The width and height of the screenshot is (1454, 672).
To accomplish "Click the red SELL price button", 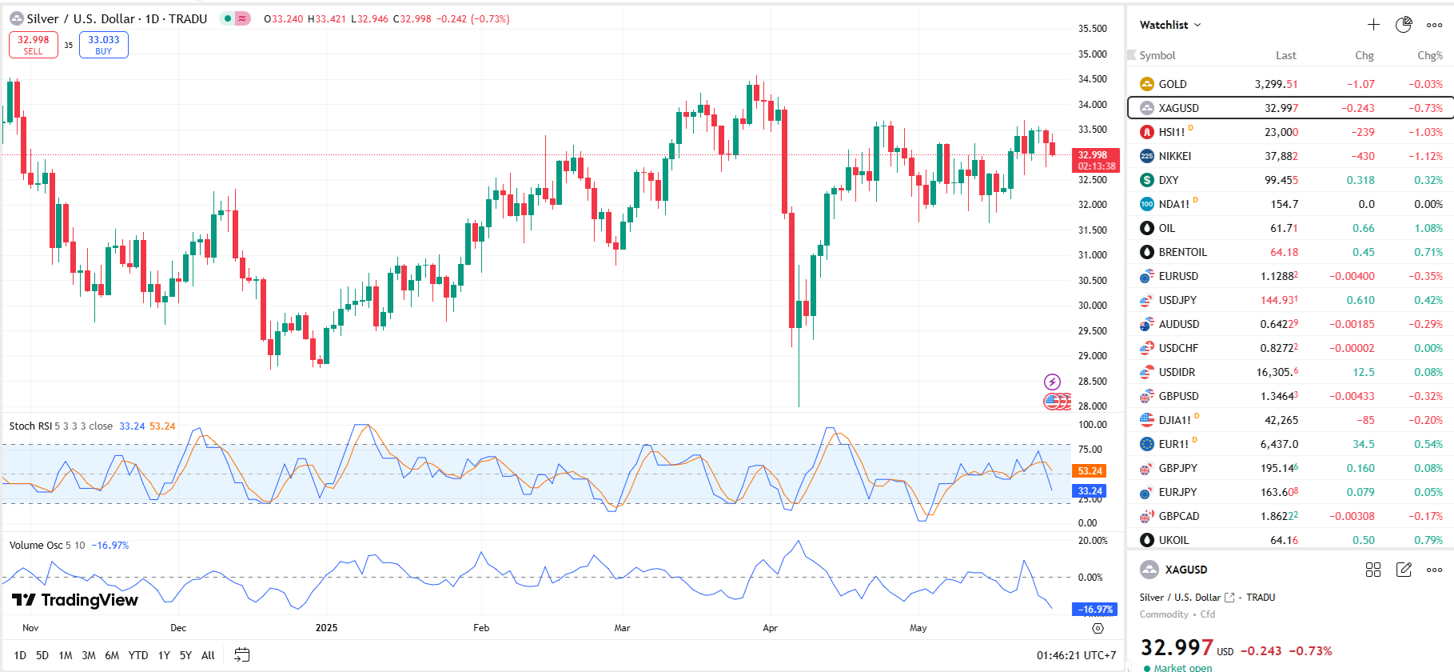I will [34, 45].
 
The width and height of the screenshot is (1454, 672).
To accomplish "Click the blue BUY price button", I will [104, 45].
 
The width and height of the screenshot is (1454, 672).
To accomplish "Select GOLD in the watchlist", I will [1173, 84].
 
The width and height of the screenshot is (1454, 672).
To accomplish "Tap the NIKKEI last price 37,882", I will [1281, 156].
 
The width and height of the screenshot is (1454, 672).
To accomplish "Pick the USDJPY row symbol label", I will [1177, 300].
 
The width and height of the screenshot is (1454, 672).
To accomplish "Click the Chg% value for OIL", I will [1428, 228].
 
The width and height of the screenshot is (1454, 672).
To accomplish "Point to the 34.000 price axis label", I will [1092, 104].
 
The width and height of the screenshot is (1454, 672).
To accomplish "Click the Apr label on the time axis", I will [770, 628].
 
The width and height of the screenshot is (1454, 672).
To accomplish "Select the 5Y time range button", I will [185, 655].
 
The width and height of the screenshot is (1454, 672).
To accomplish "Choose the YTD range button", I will [138, 655].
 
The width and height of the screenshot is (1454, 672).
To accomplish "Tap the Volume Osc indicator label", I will [36, 546].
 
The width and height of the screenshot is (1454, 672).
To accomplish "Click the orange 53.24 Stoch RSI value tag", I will [1090, 471].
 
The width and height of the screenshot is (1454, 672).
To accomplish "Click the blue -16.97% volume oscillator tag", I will [1094, 610].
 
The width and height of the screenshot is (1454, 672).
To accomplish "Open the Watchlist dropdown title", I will [1169, 25].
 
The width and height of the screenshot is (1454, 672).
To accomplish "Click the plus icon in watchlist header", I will [1373, 25].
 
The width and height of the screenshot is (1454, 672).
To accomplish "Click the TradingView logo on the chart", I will [75, 600].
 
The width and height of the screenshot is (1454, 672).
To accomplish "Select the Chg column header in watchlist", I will [1364, 55].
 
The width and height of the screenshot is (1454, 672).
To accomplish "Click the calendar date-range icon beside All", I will [241, 655].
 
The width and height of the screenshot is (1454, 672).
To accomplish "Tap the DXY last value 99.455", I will [1281, 180].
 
